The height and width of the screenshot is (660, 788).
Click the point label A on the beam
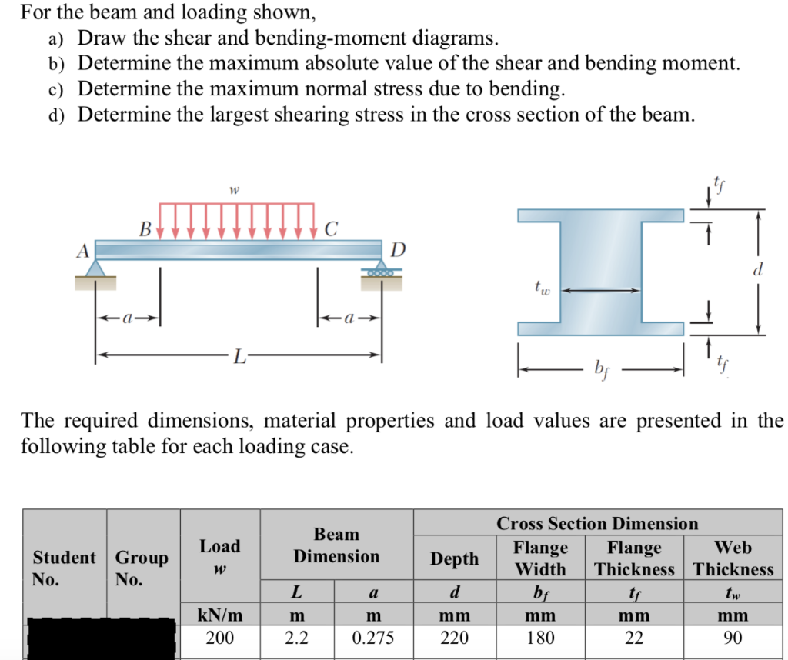82,249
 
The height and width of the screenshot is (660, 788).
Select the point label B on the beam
145,228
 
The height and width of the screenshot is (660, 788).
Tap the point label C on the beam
331,228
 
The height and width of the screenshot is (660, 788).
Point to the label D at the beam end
397,250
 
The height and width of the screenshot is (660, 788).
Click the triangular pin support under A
95,268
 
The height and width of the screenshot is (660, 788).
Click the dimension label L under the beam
241,356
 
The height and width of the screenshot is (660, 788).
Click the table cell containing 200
220,638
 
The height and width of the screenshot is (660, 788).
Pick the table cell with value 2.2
296,638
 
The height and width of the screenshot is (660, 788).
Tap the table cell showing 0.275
373,638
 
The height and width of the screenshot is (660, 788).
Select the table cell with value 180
539,638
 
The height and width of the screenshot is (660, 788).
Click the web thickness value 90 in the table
733,638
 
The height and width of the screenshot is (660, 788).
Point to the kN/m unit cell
220,615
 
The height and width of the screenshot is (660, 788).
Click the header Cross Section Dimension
597,524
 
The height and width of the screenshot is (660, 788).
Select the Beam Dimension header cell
336,545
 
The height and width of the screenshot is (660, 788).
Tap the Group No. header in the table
143,568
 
